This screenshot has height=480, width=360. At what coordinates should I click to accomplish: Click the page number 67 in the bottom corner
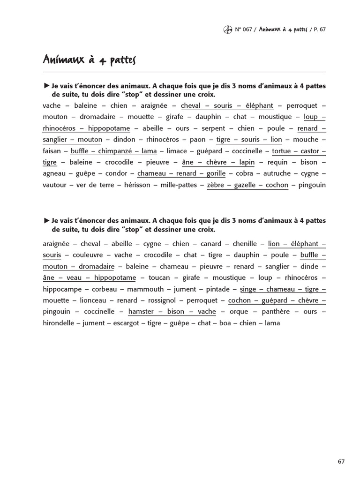341,461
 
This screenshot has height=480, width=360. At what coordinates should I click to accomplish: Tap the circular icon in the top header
228,30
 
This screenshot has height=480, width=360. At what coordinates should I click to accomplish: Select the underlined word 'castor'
309,151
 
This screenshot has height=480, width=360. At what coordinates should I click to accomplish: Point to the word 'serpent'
214,128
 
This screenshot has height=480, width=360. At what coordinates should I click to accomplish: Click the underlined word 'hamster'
141,312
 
